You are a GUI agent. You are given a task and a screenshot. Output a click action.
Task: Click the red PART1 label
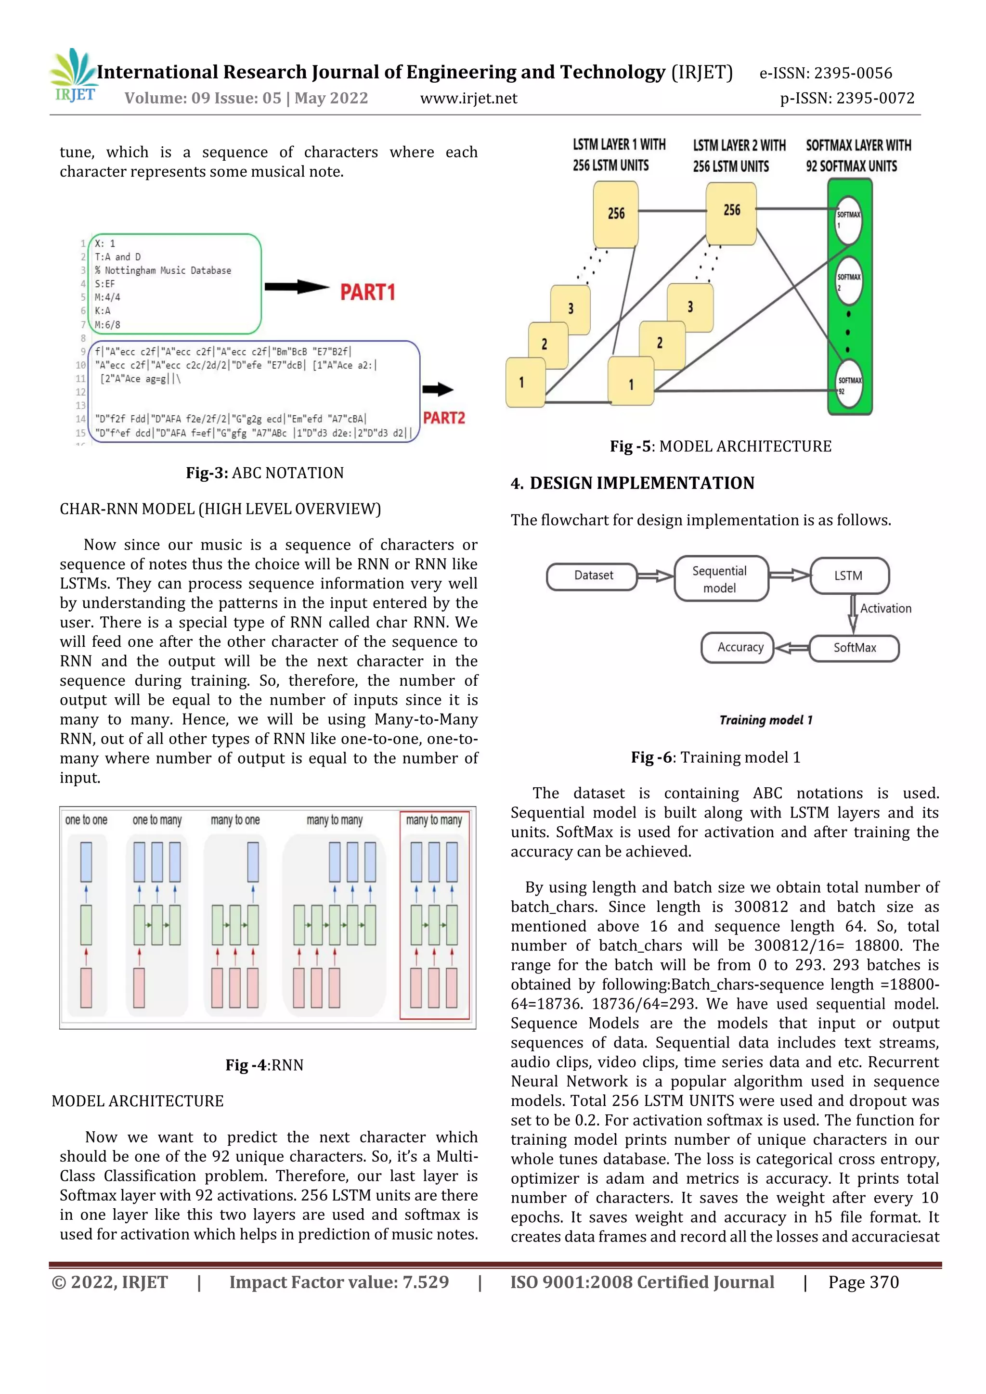pos(367,292)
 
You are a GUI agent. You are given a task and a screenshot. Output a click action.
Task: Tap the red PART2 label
pos(443,418)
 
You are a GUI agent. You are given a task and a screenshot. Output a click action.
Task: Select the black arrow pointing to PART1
pos(297,287)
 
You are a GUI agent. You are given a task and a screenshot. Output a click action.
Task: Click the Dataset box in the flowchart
pos(592,576)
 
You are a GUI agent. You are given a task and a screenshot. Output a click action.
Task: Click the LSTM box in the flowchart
pos(849,575)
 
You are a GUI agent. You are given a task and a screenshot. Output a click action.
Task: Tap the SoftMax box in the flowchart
pos(854,648)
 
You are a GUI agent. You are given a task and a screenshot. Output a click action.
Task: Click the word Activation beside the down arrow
pos(885,608)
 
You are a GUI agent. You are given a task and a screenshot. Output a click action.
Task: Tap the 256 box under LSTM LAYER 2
pos(731,211)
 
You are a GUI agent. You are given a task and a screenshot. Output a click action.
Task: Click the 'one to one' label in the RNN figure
pos(86,820)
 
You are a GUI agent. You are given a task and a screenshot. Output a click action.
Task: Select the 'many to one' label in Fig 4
pos(235,820)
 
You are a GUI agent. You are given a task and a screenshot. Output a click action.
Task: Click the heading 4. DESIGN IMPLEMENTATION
pos(633,483)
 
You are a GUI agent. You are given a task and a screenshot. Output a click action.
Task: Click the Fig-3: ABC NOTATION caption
pos(265,473)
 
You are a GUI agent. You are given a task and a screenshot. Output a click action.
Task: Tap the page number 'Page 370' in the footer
pos(863,1282)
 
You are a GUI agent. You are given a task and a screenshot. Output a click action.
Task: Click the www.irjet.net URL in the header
pos(468,98)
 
